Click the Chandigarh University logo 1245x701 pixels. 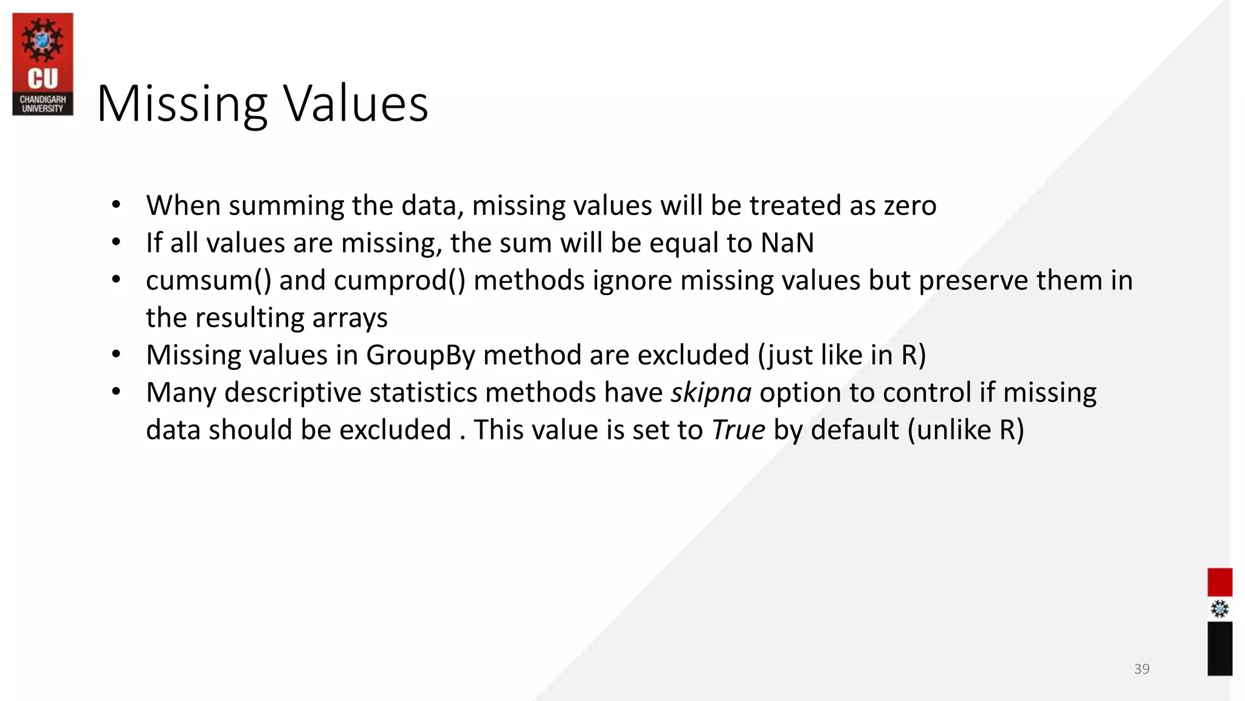coord(43,64)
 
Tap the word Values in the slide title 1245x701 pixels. coord(356,104)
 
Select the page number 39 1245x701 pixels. coord(1142,669)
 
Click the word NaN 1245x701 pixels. coord(787,243)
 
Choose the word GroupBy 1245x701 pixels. coord(420,355)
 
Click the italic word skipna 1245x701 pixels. coord(711,392)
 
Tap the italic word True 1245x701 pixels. coord(738,430)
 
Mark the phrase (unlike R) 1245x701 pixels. coord(966,430)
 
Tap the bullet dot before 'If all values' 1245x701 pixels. coord(116,243)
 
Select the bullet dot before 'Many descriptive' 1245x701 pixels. coord(116,392)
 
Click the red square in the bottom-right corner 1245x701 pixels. coord(1219,582)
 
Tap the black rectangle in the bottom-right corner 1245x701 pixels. coord(1219,648)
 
